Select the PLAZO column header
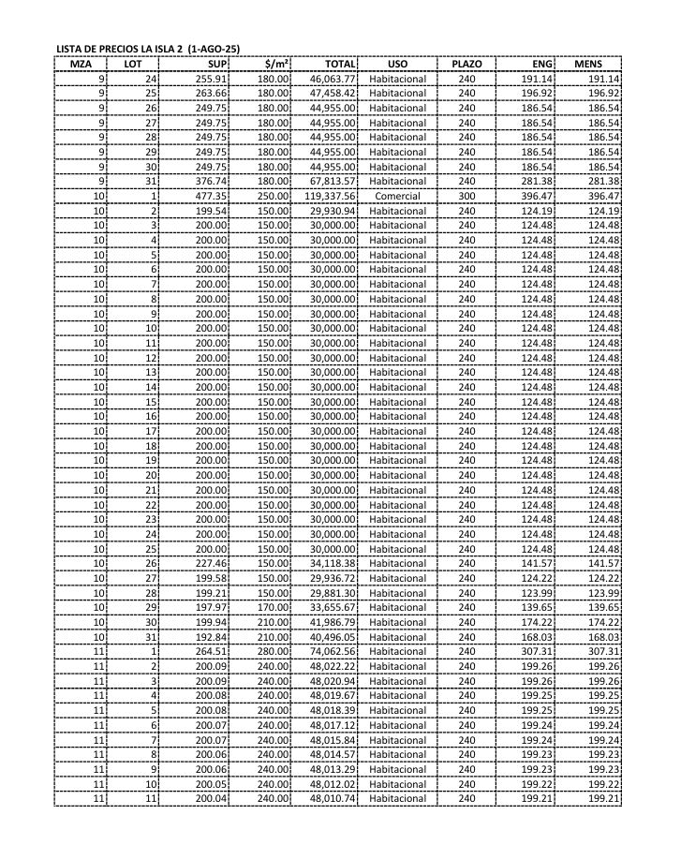[x=466, y=64]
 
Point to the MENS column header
[x=588, y=64]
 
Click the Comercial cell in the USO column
[x=397, y=196]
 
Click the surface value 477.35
[x=212, y=196]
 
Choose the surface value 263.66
[x=212, y=94]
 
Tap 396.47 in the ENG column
[x=537, y=196]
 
